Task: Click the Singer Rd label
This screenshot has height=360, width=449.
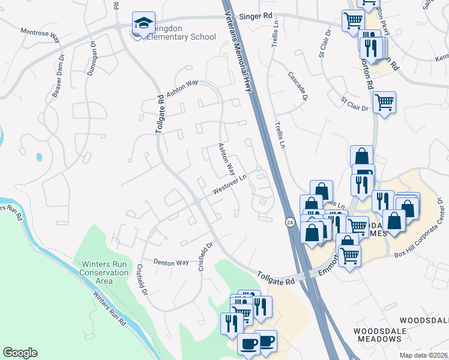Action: (x=250, y=17)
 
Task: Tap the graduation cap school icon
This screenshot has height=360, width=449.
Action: (x=143, y=23)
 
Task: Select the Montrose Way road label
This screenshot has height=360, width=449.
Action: (x=41, y=35)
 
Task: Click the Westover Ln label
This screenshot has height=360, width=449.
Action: (x=230, y=185)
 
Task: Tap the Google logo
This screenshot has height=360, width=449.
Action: (x=20, y=353)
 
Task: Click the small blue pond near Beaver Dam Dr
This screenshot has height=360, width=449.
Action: (x=39, y=157)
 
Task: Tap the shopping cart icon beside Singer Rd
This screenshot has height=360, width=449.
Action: (x=353, y=20)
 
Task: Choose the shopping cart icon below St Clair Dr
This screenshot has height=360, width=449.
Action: (x=384, y=101)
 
